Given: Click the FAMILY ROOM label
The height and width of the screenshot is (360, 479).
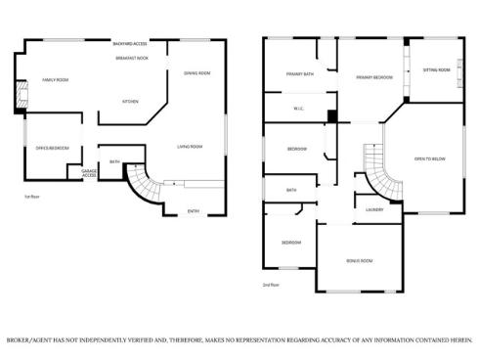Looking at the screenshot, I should (x=55, y=79).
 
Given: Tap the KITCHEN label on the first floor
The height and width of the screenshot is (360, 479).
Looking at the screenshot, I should (x=130, y=101).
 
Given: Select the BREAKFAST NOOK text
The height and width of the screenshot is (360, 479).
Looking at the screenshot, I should (x=130, y=58).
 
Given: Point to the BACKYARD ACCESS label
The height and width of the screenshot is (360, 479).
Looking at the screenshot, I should (x=130, y=44).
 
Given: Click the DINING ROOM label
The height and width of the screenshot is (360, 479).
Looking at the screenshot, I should (x=197, y=73).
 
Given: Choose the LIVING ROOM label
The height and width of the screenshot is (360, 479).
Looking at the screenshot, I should (x=189, y=147).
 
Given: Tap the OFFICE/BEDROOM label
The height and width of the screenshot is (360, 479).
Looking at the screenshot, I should (x=52, y=148).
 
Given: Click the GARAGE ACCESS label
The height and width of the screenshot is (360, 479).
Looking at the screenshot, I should (x=89, y=173).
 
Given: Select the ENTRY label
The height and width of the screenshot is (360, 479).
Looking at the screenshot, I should (x=193, y=210).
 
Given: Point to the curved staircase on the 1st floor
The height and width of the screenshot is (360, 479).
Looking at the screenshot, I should (x=143, y=184).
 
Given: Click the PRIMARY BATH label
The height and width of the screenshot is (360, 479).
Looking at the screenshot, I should (x=300, y=74).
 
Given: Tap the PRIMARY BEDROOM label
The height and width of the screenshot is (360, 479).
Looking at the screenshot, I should (x=373, y=76).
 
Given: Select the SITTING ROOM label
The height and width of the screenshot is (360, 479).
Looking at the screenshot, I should (x=436, y=70).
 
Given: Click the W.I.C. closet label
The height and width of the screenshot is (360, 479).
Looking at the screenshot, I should (x=300, y=108).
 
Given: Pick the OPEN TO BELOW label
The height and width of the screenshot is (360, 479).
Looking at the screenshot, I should (x=431, y=157).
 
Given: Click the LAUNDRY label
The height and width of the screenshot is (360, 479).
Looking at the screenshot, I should (x=373, y=209).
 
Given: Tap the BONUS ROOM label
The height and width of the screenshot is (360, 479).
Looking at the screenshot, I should (x=359, y=260).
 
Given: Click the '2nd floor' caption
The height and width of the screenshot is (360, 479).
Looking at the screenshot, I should (x=273, y=285).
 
